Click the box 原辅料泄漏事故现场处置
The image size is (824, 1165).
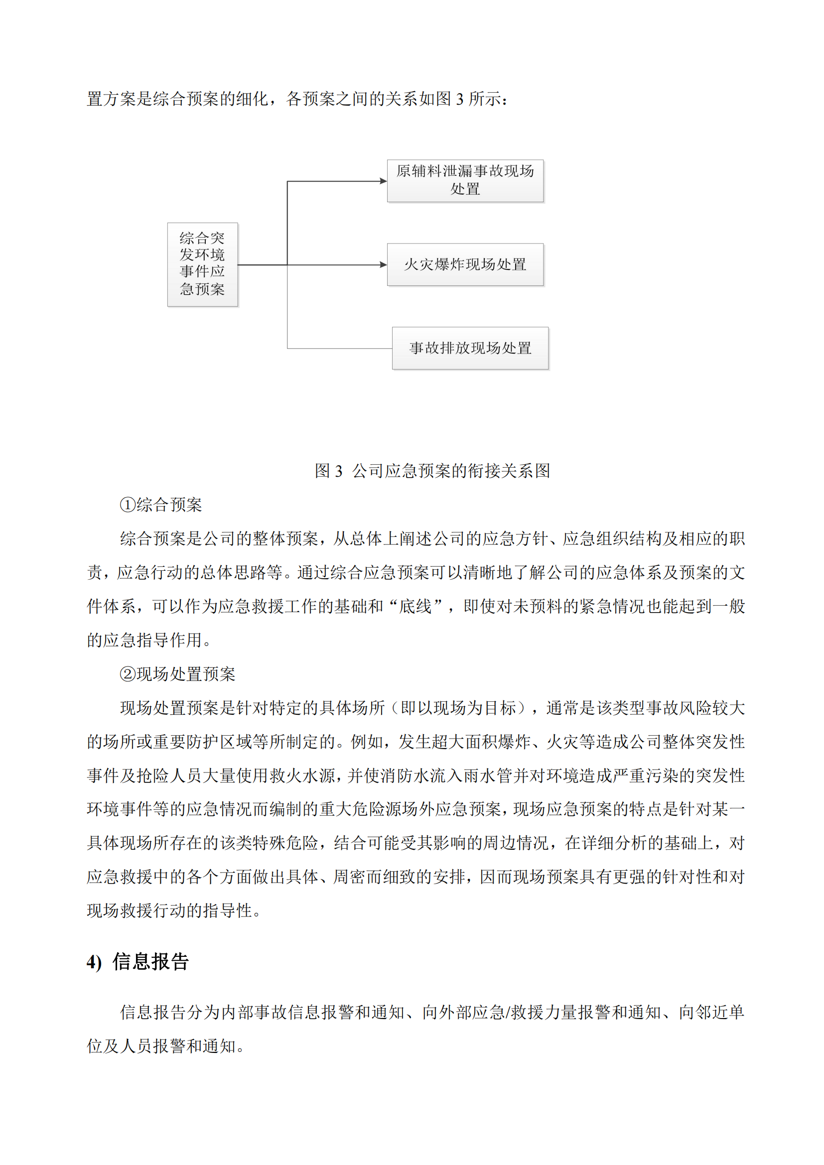coord(465,181)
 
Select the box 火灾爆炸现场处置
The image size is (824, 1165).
coord(465,264)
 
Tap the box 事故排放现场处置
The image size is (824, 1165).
coord(470,348)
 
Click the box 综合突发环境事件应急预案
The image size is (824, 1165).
coord(202,264)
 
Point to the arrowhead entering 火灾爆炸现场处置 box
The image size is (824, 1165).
coord(383,264)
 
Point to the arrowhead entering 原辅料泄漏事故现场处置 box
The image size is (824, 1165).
coord(383,181)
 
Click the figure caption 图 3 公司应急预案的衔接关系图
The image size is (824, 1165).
coord(432,471)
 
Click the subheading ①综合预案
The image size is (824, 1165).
coord(160,505)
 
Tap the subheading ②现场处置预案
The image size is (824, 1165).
coord(177,674)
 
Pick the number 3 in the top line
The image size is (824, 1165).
coord(460,99)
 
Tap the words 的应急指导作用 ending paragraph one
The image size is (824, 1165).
coord(144,641)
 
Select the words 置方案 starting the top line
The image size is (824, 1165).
coord(111,99)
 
